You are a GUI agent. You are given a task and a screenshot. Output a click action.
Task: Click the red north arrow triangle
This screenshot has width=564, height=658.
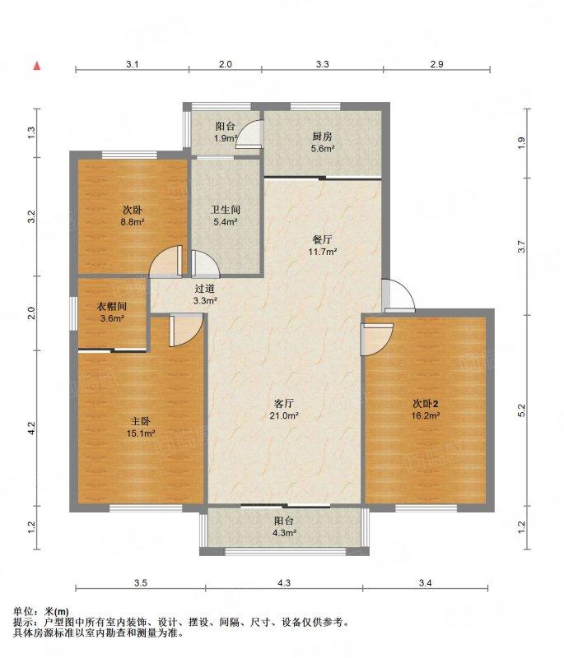pyautogui.click(x=37, y=66)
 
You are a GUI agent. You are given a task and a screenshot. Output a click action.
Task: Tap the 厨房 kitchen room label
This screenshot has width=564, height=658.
pyautogui.click(x=322, y=137)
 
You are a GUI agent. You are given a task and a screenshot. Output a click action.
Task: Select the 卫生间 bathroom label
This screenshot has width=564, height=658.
pyautogui.click(x=226, y=210)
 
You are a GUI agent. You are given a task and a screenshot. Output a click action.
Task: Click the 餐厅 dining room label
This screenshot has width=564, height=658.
pyautogui.click(x=322, y=239)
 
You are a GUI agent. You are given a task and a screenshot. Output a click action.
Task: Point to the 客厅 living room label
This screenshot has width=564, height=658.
pyautogui.click(x=283, y=404)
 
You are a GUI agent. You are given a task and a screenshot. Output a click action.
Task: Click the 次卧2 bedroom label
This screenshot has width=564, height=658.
pyautogui.click(x=426, y=404)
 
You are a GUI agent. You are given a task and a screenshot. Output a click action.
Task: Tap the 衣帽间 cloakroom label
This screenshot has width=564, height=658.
pyautogui.click(x=112, y=307)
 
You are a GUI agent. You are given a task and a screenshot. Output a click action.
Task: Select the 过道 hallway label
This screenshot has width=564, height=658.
pyautogui.click(x=205, y=289)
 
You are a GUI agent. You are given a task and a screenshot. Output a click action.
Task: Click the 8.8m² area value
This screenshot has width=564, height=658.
pyautogui.click(x=133, y=222)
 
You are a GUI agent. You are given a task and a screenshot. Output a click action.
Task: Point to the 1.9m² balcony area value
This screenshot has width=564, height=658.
pyautogui.click(x=226, y=138)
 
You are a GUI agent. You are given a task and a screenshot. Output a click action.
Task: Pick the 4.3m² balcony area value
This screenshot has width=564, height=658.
pyautogui.click(x=285, y=533)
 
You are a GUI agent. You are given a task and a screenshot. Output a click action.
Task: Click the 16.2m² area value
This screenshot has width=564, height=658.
pyautogui.click(x=426, y=416)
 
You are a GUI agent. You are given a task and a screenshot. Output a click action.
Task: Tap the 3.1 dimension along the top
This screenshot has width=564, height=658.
pyautogui.click(x=133, y=64)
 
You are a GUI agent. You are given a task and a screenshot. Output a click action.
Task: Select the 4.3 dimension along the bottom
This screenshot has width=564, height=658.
pyautogui.click(x=284, y=582)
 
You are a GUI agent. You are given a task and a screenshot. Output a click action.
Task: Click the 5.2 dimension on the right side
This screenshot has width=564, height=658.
pyautogui.click(x=521, y=410)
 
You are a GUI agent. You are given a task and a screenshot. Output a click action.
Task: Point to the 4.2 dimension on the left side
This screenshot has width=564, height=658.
pyautogui.click(x=31, y=428)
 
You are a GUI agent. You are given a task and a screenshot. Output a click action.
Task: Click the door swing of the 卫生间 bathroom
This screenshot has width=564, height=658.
pyautogui.click(x=205, y=264)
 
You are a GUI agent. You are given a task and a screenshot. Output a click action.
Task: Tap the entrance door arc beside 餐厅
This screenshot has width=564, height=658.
pyautogui.click(x=399, y=295)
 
